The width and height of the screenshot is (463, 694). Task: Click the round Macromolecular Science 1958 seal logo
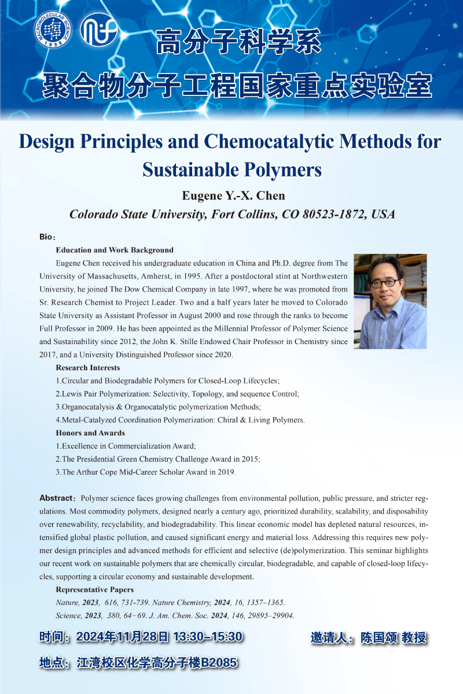[x=53, y=30]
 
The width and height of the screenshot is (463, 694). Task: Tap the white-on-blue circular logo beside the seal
[x=99, y=29]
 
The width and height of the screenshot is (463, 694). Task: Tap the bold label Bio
[x=46, y=238]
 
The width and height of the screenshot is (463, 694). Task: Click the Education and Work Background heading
[x=115, y=250]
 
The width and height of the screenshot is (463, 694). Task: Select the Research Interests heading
[x=88, y=368]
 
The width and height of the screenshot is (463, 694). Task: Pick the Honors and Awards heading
[x=90, y=433]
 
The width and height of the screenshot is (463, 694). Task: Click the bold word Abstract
[x=56, y=498]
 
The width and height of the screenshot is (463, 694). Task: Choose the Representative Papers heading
[x=95, y=590]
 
